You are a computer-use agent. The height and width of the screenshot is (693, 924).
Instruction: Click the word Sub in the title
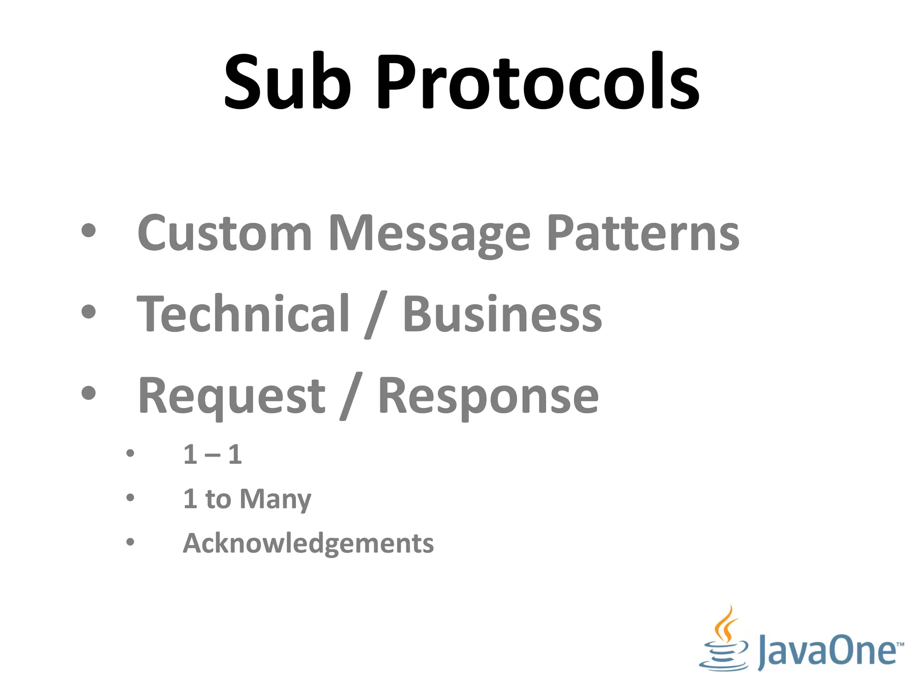tap(287, 82)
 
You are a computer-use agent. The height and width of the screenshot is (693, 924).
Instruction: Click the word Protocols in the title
tap(538, 82)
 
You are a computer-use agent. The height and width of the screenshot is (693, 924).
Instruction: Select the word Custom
tap(225, 233)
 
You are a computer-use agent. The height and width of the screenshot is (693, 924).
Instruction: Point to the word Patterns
tap(643, 233)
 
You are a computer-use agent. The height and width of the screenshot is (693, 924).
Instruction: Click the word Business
tap(502, 314)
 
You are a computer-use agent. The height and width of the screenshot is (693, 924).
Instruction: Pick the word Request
tap(231, 396)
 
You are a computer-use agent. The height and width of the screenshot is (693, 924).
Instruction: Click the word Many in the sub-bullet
tap(275, 499)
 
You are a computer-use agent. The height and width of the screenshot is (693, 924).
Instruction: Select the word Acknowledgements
tap(308, 543)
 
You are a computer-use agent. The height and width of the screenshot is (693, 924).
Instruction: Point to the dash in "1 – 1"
tap(213, 455)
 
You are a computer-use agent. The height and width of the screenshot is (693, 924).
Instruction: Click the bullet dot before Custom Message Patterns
tap(89, 231)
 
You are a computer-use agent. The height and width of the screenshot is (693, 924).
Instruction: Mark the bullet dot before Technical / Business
tap(89, 312)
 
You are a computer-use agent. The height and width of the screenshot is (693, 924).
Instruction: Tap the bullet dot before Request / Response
tap(89, 393)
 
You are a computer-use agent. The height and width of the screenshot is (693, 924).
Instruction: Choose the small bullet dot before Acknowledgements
tap(130, 542)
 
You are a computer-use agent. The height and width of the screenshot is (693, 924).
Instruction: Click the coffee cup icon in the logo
tap(724, 641)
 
